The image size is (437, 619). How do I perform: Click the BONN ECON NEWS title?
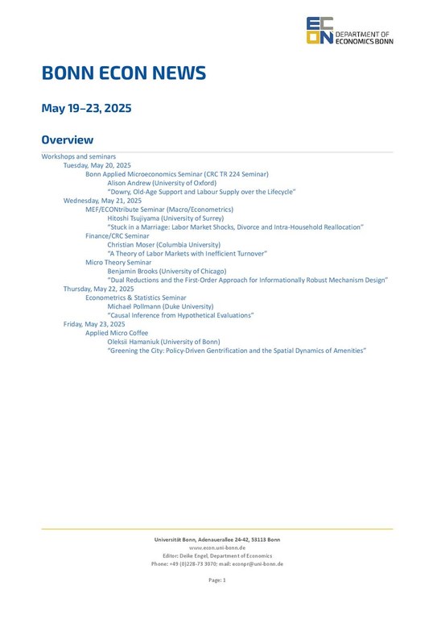click(123, 74)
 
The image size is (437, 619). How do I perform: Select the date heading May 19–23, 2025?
click(86, 108)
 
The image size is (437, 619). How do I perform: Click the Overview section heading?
click(68, 140)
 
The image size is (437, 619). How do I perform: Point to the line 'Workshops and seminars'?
click(79, 156)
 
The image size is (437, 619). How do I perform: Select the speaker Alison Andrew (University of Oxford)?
click(162, 183)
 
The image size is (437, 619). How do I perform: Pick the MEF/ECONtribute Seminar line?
click(159, 209)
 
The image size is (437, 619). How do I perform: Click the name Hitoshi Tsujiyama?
click(135, 218)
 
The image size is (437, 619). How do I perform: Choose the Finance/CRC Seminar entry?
click(117, 235)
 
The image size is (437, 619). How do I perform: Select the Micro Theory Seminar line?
click(118, 262)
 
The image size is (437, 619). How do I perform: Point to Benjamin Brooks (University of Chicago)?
click(167, 271)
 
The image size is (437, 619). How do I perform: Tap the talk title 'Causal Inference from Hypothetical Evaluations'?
click(180, 315)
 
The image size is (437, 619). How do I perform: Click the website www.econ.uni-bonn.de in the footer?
click(216, 547)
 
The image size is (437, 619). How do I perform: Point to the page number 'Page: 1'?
click(217, 580)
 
